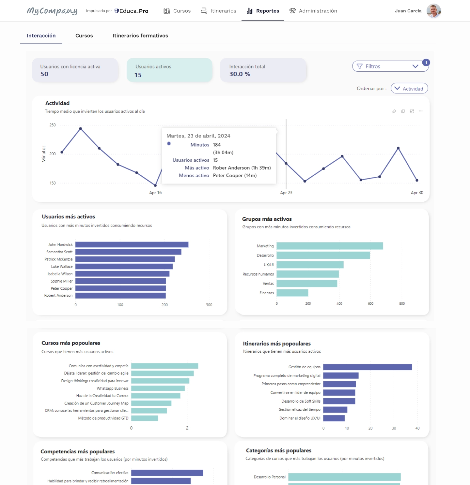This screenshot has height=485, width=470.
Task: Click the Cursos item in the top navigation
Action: click(x=177, y=11)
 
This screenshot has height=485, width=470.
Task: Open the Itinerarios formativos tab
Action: click(x=140, y=36)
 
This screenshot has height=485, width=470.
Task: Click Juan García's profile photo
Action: click(x=433, y=11)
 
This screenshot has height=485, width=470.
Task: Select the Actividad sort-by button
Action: click(x=409, y=88)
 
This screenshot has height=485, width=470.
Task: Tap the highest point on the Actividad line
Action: click(x=81, y=128)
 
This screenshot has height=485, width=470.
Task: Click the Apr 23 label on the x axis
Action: click(x=286, y=193)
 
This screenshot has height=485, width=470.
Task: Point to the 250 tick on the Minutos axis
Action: click(x=53, y=125)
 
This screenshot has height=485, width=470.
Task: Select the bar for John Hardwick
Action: click(x=132, y=244)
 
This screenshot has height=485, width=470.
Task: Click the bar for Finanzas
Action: click(x=292, y=293)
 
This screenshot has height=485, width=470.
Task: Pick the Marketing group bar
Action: click(x=330, y=246)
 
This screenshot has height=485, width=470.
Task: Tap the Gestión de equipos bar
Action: click(x=368, y=367)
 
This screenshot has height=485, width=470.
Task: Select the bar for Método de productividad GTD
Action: click(x=145, y=418)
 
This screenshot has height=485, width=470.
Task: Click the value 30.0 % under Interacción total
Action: click(x=240, y=74)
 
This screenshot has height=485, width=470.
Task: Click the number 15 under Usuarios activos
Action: click(x=138, y=75)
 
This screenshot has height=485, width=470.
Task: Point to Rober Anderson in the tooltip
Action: click(x=242, y=168)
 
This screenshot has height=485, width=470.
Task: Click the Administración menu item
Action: click(x=313, y=11)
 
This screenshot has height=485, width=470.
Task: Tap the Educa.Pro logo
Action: click(x=131, y=11)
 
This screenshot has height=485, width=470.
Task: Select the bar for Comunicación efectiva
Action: click(x=167, y=473)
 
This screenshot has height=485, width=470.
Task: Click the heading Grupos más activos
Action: click(x=267, y=219)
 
